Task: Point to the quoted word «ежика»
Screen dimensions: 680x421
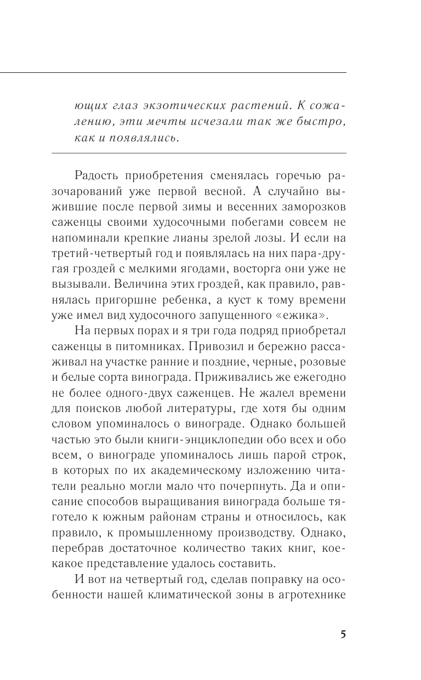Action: [301, 314]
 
